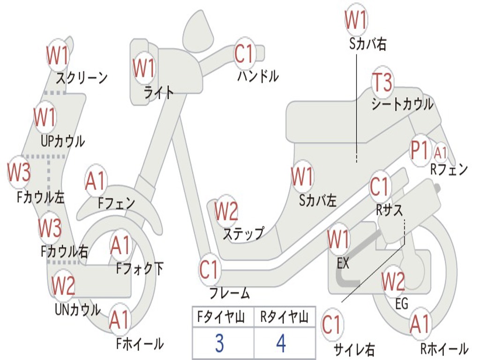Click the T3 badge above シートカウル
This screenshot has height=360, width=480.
[382, 83]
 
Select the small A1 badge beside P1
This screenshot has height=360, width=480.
[441, 152]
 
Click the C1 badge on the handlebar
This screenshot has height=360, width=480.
[244, 54]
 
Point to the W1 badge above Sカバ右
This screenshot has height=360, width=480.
[356, 20]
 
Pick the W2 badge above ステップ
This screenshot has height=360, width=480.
[226, 211]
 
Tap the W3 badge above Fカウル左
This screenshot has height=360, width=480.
[19, 172]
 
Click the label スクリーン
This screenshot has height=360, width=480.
[82, 77]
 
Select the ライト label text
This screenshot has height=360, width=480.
[159, 92]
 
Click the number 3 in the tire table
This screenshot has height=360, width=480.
[219, 344]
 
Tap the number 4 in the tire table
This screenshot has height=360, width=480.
[281, 344]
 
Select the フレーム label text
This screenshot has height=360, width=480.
[230, 293]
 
